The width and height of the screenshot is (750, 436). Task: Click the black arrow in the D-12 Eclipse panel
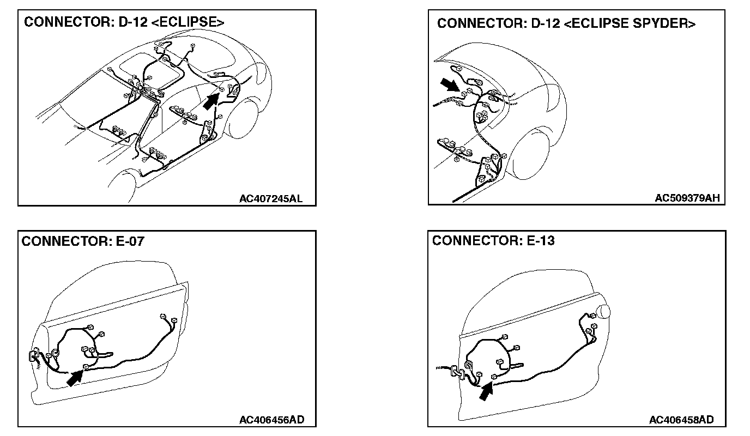[x=211, y=101]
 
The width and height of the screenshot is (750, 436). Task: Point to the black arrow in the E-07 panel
[x=75, y=378]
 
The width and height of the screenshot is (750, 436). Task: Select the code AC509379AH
[x=687, y=198]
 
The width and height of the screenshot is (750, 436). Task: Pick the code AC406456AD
[x=271, y=420]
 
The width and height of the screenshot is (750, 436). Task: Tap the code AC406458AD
[x=681, y=420]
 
